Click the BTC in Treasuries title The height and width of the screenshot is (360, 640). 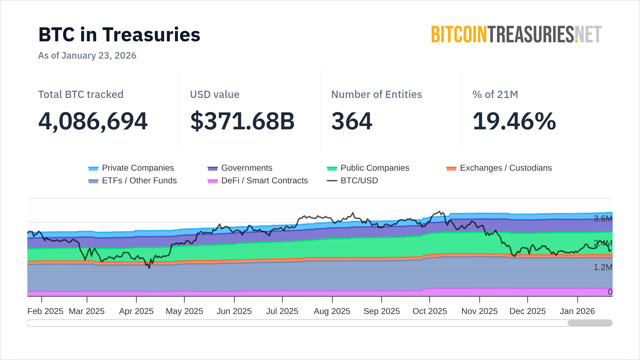pyautogui.click(x=119, y=35)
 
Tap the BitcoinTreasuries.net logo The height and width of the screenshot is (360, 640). pyautogui.click(x=516, y=35)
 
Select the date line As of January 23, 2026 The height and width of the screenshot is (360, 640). pyautogui.click(x=87, y=55)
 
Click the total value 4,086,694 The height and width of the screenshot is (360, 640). pyautogui.click(x=93, y=121)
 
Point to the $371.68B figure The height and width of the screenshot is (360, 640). pyautogui.click(x=242, y=121)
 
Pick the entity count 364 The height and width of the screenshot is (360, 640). pyautogui.click(x=352, y=121)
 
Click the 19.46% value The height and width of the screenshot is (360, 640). pyautogui.click(x=514, y=121)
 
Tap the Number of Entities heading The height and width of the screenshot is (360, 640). pyautogui.click(x=376, y=94)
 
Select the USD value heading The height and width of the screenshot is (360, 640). pyautogui.click(x=215, y=94)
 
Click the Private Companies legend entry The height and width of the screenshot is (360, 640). pyautogui.click(x=131, y=168)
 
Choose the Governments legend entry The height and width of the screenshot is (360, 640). pyautogui.click(x=240, y=168)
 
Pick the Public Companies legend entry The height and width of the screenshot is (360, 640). pyautogui.click(x=368, y=168)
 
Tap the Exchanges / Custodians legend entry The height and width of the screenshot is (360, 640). pyautogui.click(x=499, y=168)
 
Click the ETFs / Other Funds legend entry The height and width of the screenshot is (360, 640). pyautogui.click(x=132, y=181)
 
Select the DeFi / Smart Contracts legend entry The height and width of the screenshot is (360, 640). pyautogui.click(x=258, y=181)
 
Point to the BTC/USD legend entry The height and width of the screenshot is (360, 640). pyautogui.click(x=352, y=181)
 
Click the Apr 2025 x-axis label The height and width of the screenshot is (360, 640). pyautogui.click(x=136, y=311)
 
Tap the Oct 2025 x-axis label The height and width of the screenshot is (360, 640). pyautogui.click(x=430, y=311)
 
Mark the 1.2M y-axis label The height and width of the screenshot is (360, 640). pyautogui.click(x=603, y=267)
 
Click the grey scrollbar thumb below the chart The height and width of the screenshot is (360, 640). pyautogui.click(x=590, y=323)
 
